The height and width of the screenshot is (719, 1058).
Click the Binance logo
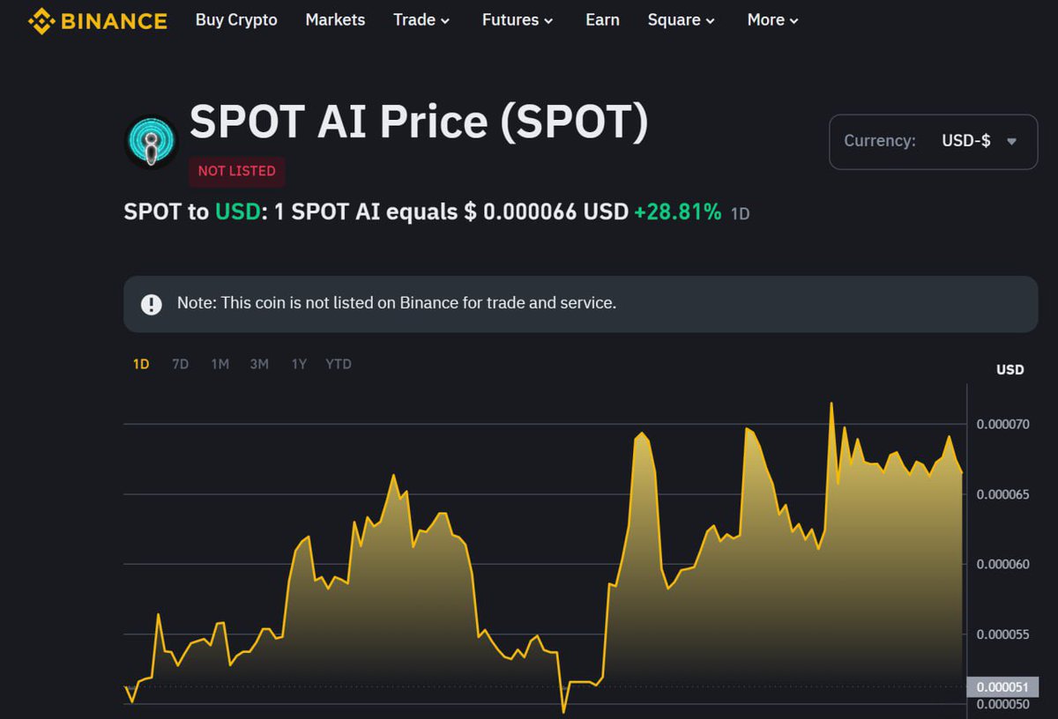[x=97, y=20]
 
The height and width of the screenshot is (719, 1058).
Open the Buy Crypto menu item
[x=236, y=19]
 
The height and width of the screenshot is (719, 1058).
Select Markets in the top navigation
[x=335, y=19]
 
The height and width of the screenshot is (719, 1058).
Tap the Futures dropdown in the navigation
[x=518, y=19]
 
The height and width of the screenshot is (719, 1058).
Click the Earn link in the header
[x=602, y=19]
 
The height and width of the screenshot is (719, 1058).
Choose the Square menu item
[x=681, y=19]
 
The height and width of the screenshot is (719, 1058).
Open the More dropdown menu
[x=772, y=19]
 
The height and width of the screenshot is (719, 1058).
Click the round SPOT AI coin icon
[x=152, y=141]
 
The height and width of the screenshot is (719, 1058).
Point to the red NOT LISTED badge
[x=236, y=171]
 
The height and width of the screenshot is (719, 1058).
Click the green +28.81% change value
[x=677, y=212]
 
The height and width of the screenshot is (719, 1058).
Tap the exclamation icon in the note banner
[x=152, y=304]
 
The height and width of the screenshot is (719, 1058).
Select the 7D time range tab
[x=180, y=364]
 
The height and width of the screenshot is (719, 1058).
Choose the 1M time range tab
[x=220, y=364]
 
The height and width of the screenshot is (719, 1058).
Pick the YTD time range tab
[x=339, y=364]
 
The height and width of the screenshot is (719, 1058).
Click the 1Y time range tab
[x=299, y=364]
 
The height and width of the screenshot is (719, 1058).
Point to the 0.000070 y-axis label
[x=1002, y=425]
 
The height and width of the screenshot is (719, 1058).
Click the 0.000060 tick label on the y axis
[x=1002, y=564]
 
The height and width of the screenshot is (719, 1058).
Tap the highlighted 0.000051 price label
[x=1002, y=687]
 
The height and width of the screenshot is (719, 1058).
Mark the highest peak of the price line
[x=831, y=404]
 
